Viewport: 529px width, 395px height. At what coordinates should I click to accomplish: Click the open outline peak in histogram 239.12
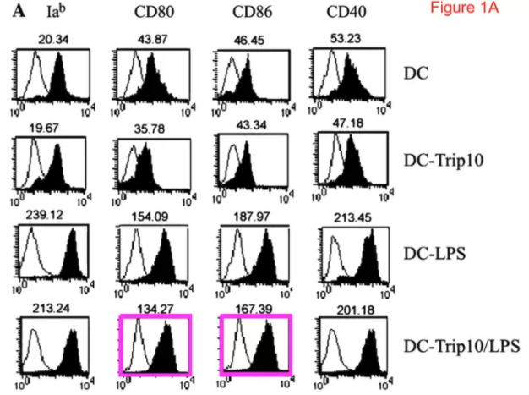(x=35, y=254)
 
